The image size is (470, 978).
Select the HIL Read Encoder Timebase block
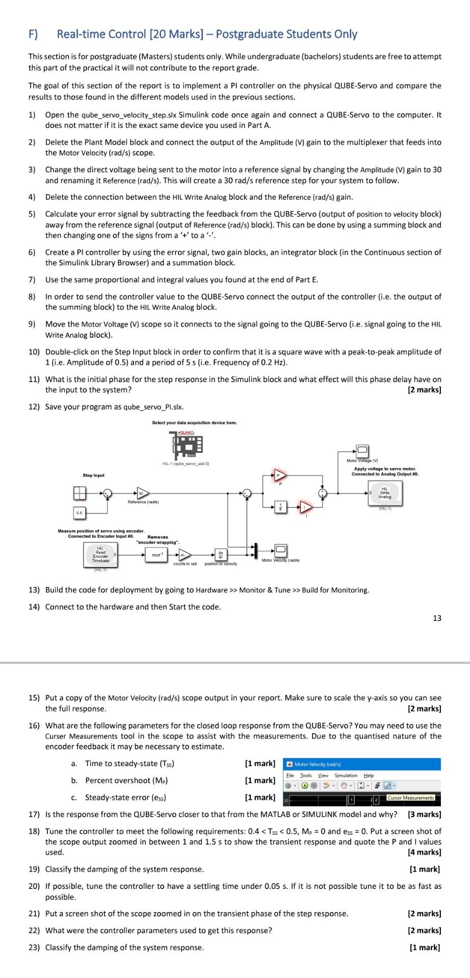tap(100, 554)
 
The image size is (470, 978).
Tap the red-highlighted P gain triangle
tap(278, 475)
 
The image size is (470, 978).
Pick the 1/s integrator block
tap(279, 506)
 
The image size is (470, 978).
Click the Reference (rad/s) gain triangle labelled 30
tap(142, 493)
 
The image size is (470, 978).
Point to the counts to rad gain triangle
tap(186, 555)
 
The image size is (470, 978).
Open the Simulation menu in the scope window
tap(346, 775)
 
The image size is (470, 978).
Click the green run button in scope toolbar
tap(305, 785)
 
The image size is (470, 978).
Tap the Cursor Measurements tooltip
tap(410, 798)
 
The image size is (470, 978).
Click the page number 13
tap(437, 618)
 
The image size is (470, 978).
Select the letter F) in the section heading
tap(33, 34)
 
